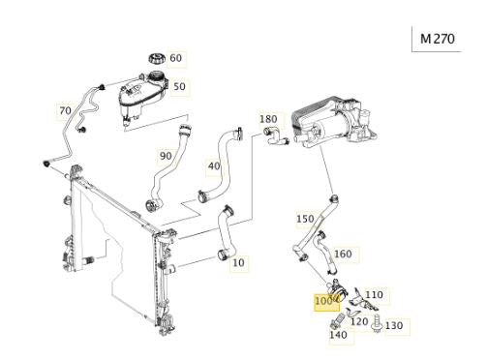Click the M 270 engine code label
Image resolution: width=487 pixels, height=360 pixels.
click(438, 39)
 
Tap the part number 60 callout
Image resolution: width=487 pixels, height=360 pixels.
click(176, 58)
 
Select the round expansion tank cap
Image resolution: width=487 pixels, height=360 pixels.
click(157, 59)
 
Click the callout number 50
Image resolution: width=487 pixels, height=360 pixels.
click(179, 86)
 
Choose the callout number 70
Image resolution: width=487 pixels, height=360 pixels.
click(65, 110)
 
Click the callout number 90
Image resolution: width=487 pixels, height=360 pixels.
click(166, 156)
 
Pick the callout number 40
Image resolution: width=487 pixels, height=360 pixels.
click(214, 166)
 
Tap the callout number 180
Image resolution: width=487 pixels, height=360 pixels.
click(268, 119)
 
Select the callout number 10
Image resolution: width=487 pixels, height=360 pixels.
click(238, 262)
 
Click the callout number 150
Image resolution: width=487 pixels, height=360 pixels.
click(305, 219)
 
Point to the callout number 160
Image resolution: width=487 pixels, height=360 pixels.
click(343, 255)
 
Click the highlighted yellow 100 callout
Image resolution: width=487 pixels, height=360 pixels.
click(324, 301)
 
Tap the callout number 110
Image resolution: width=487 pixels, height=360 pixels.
click(374, 295)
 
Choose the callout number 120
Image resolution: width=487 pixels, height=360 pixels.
click(359, 321)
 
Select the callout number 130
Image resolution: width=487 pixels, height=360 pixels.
click(394, 325)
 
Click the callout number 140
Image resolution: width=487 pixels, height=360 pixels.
click(338, 335)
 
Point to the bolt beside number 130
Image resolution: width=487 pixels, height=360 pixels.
click(377, 323)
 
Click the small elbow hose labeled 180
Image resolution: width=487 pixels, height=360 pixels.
click(275, 136)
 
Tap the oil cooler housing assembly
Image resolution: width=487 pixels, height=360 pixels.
click(334, 123)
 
